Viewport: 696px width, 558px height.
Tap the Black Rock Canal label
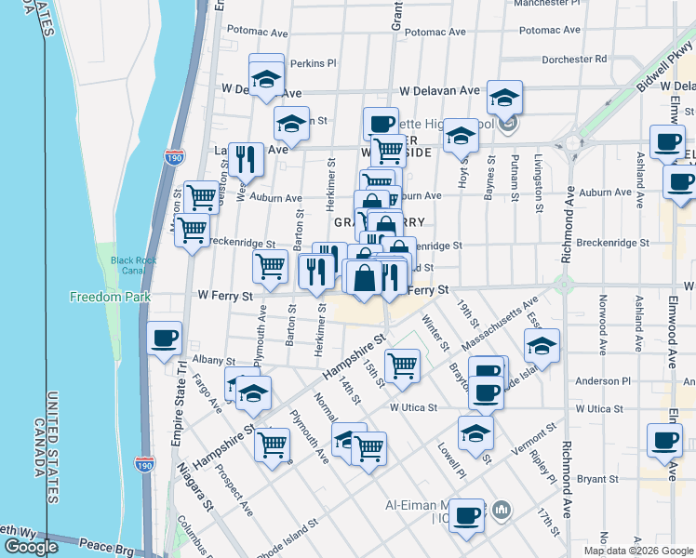point(128,265)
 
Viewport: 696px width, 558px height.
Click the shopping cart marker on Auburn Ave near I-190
point(200,196)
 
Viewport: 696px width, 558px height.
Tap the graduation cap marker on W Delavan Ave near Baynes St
point(504,97)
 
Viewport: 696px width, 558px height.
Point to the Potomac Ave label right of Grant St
point(435,32)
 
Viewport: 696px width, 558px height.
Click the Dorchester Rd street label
point(574,59)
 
